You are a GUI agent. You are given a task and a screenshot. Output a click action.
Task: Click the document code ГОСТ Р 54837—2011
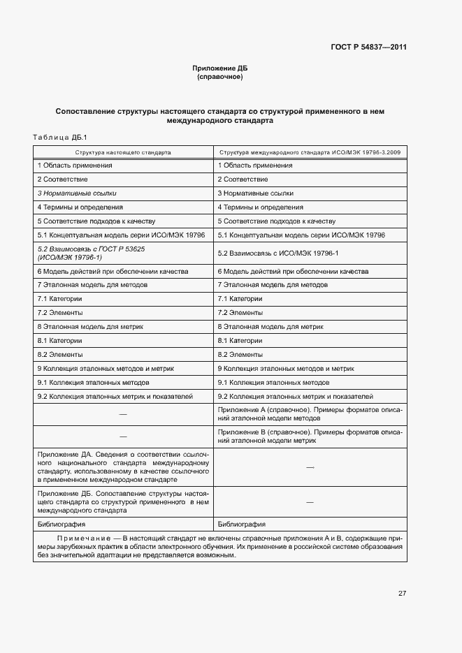click(368, 47)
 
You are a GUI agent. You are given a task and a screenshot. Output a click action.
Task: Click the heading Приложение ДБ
click(220, 68)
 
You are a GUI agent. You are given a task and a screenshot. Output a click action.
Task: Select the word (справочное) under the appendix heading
click(220, 77)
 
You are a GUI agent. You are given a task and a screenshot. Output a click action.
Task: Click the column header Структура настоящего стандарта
click(123, 152)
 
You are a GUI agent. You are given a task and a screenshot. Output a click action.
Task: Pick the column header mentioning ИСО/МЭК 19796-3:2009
click(310, 152)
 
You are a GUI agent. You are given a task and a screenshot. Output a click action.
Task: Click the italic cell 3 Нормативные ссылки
click(77, 193)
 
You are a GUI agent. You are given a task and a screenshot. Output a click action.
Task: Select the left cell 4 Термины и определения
click(80, 207)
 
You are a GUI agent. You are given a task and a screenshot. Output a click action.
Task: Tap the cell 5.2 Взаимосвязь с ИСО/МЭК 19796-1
click(277, 253)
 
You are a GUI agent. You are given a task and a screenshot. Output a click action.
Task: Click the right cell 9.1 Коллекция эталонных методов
click(273, 383)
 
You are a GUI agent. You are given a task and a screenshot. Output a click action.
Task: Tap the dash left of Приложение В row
click(123, 436)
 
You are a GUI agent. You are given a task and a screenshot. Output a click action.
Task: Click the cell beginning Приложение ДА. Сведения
click(123, 467)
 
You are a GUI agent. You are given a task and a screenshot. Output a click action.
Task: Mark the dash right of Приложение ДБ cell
click(310, 502)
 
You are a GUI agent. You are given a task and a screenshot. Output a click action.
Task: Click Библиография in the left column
click(62, 524)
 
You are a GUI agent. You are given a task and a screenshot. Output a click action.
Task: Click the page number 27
click(402, 594)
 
